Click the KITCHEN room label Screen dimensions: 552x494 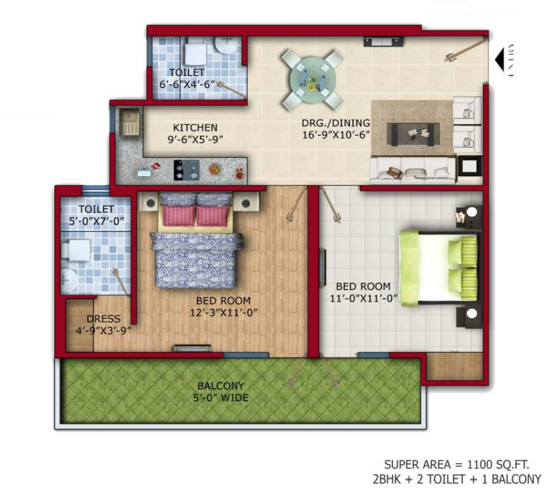click(x=195, y=128)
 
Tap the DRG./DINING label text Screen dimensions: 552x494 click(x=336, y=123)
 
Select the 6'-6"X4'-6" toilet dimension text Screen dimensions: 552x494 click(x=187, y=85)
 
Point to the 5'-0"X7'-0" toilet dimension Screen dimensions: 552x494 click(x=97, y=221)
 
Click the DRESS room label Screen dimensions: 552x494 click(x=103, y=319)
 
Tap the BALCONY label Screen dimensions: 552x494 click(x=221, y=386)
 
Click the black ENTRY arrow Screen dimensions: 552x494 click(x=500, y=60)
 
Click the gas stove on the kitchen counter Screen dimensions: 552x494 click(x=187, y=170)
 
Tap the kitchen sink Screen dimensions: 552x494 click(x=130, y=122)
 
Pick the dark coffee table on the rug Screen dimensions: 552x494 click(x=413, y=134)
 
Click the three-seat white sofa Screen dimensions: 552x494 click(x=413, y=170)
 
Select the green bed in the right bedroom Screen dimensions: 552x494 click(x=439, y=267)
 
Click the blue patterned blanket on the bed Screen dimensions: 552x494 click(x=196, y=259)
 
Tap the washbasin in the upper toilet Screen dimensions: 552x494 click(x=226, y=45)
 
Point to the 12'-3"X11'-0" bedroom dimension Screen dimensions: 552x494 click(x=224, y=313)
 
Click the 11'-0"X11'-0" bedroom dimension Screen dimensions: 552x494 click(x=364, y=298)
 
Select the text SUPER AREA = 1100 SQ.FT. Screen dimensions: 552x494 click(x=457, y=464)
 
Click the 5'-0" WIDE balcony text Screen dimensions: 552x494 click(x=221, y=398)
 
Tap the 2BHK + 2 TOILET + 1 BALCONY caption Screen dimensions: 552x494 click(x=457, y=479)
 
